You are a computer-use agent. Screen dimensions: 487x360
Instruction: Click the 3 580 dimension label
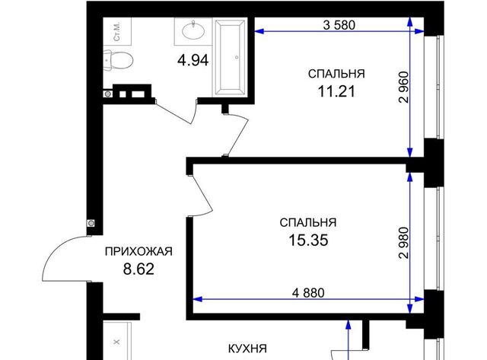[x=339, y=25]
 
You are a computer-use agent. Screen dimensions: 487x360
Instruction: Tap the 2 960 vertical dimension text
[x=404, y=88]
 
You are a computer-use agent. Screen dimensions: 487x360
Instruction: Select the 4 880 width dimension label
[x=308, y=292]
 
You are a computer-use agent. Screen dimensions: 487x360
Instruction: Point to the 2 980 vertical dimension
[x=404, y=243]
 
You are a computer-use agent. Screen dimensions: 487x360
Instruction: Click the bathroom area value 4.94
[x=193, y=60]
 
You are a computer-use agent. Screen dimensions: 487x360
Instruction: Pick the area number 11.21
[x=336, y=91]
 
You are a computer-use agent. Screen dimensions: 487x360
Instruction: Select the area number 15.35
[x=308, y=240]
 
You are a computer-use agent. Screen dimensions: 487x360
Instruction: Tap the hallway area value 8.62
[x=138, y=269]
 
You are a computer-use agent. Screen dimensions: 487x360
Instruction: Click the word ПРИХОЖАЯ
[x=138, y=251]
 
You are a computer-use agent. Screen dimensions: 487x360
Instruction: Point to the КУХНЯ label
[x=247, y=349]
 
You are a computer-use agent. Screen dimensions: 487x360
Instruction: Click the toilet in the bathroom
[x=119, y=59]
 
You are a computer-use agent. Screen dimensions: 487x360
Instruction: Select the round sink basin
[x=193, y=30]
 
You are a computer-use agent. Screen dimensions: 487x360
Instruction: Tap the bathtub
[x=230, y=58]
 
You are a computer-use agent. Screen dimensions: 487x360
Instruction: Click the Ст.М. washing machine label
[x=116, y=31]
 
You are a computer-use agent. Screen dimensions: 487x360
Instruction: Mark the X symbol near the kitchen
[x=116, y=342]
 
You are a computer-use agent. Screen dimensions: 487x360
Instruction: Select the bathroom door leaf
[x=173, y=113]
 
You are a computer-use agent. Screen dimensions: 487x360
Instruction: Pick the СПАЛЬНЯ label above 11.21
[x=336, y=74]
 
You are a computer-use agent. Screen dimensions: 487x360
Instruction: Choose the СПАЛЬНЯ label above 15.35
[x=308, y=223]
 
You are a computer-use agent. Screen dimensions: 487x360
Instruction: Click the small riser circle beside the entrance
[x=91, y=223]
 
